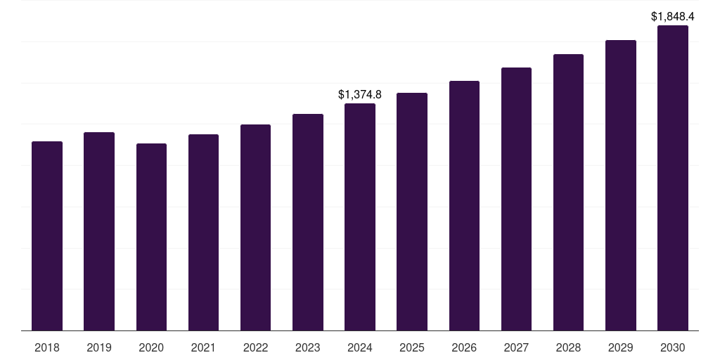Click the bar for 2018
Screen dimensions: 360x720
(x=47, y=236)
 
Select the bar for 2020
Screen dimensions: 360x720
(x=151, y=237)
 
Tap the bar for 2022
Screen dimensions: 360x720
(x=255, y=227)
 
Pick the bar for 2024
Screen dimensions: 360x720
(x=360, y=217)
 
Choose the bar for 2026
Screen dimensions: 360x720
(x=464, y=205)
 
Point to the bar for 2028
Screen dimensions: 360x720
(x=568, y=192)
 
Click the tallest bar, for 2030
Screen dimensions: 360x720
(x=673, y=178)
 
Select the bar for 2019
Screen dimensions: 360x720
(x=99, y=231)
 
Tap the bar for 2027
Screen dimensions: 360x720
(x=516, y=199)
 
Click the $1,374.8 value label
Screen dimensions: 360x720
(x=360, y=94)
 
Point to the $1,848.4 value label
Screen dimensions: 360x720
(x=673, y=15)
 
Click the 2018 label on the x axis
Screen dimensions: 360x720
(x=47, y=347)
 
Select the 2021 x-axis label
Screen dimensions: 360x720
(x=203, y=347)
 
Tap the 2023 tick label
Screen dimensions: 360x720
(x=308, y=347)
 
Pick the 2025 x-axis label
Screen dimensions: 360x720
(x=412, y=347)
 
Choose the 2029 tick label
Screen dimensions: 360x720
(x=621, y=347)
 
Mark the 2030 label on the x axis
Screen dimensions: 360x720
(x=673, y=347)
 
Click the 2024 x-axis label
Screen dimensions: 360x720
(x=360, y=347)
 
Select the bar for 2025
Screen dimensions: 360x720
(x=412, y=212)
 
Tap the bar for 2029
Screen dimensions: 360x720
(x=621, y=185)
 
